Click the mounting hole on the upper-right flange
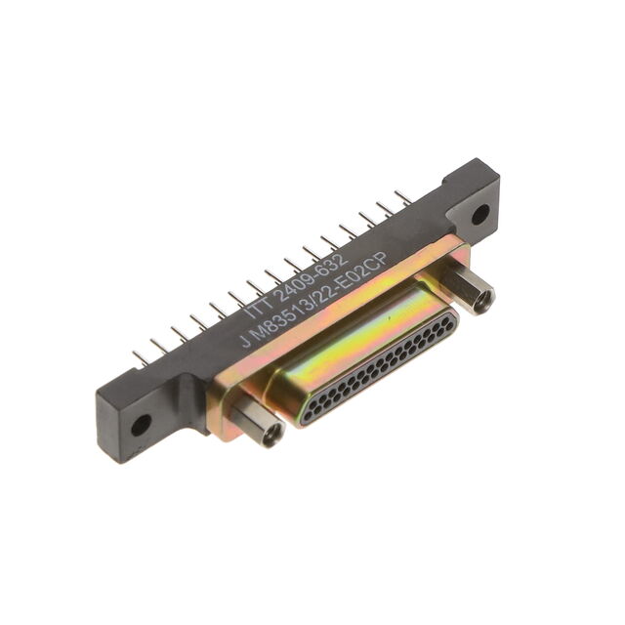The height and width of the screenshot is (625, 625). [480, 214]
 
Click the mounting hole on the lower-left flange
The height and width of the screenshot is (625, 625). [141, 426]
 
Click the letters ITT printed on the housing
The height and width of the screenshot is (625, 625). [259, 306]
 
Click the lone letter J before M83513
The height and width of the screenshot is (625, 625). [246, 343]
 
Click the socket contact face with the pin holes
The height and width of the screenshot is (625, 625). [378, 368]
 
